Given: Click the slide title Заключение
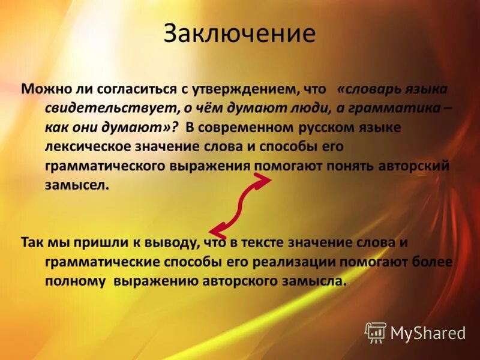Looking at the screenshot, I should (x=239, y=34).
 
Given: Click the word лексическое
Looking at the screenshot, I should (x=83, y=146).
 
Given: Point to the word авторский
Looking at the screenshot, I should (x=414, y=166).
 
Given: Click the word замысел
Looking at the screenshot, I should (x=76, y=185).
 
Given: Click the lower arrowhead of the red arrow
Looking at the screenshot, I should (x=215, y=230).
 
